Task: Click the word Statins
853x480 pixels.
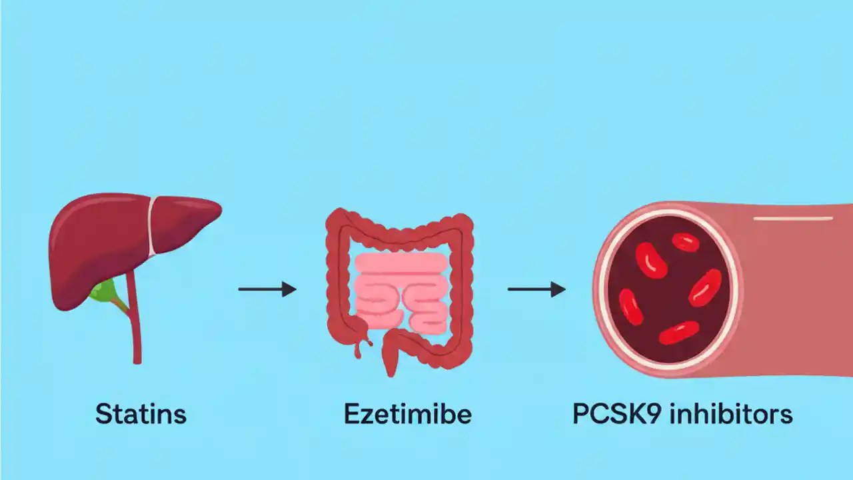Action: coord(141,414)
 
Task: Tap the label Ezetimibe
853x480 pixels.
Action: coord(408,414)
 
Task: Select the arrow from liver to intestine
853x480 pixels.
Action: coord(267,289)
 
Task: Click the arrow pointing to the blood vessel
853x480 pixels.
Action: coord(536,289)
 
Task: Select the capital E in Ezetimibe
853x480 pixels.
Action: coord(352,414)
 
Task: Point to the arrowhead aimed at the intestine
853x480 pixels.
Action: coord(289,289)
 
